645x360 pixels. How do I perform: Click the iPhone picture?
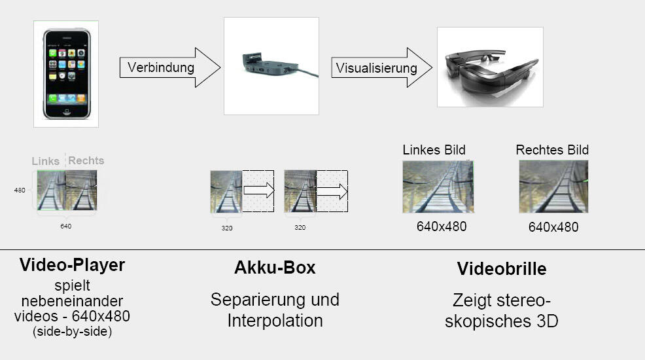click(x=66, y=73)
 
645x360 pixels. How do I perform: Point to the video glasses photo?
click(x=490, y=66)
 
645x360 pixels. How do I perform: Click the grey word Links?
click(x=46, y=161)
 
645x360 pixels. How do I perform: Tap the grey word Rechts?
click(x=86, y=160)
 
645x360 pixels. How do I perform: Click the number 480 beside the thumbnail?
click(x=20, y=190)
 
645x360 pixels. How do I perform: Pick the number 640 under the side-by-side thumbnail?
click(x=66, y=226)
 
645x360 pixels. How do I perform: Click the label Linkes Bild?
click(x=434, y=150)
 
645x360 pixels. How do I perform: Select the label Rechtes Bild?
click(x=552, y=150)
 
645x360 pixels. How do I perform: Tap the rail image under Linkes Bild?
click(x=438, y=187)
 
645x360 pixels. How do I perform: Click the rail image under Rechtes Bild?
click(x=553, y=187)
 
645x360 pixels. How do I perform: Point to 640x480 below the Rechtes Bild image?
click(x=553, y=228)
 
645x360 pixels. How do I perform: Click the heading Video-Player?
click(x=72, y=265)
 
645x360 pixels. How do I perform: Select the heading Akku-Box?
click(x=275, y=268)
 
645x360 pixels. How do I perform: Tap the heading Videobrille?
click(x=502, y=269)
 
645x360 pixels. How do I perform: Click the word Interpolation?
click(x=275, y=321)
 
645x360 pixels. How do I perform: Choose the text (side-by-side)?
click(x=72, y=332)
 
